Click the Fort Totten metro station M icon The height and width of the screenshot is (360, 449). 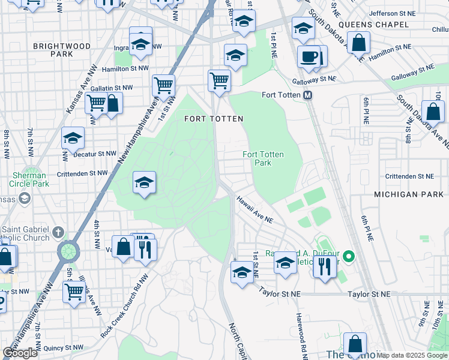308,95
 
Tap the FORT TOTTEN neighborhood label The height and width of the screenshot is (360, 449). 214,119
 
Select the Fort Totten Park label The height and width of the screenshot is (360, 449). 263,158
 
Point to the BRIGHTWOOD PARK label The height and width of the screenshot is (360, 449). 62,50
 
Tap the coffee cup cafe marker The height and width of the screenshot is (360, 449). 309,58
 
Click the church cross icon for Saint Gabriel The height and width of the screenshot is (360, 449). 58,232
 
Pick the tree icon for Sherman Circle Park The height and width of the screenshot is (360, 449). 25,198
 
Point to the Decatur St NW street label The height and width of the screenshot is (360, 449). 94,154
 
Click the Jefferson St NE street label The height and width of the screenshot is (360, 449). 392,13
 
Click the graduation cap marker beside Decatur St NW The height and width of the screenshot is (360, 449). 73,139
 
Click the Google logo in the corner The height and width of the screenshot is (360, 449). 20,353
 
